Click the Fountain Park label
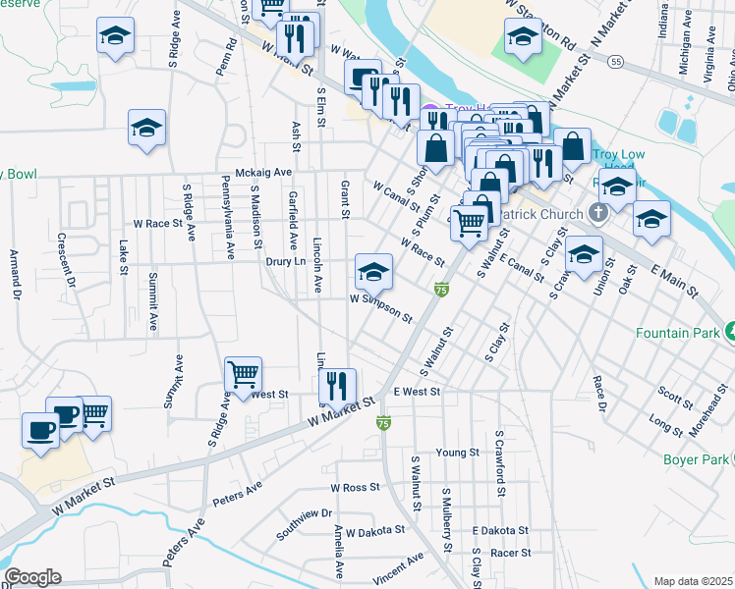(x=675, y=333)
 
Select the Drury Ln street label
(x=285, y=262)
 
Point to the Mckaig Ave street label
(x=257, y=172)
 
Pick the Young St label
(x=457, y=453)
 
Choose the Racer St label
(x=510, y=553)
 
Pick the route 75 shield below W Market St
(x=383, y=423)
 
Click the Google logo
(x=32, y=577)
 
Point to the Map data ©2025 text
(x=692, y=581)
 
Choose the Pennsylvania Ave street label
(x=227, y=217)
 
